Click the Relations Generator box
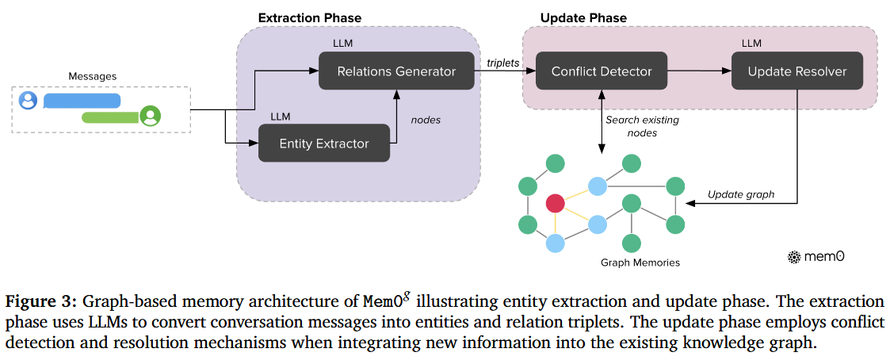point(396,71)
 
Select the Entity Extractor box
point(324,144)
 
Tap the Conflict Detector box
point(602,71)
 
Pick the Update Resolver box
point(797,71)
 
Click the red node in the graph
point(555,203)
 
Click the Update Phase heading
point(583,17)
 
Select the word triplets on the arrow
point(502,61)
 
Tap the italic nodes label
point(426,120)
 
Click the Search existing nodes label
point(642,126)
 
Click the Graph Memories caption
point(640,262)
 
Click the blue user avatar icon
point(29,101)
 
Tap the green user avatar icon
point(151,117)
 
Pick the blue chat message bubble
point(82,101)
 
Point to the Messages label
point(93,77)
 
